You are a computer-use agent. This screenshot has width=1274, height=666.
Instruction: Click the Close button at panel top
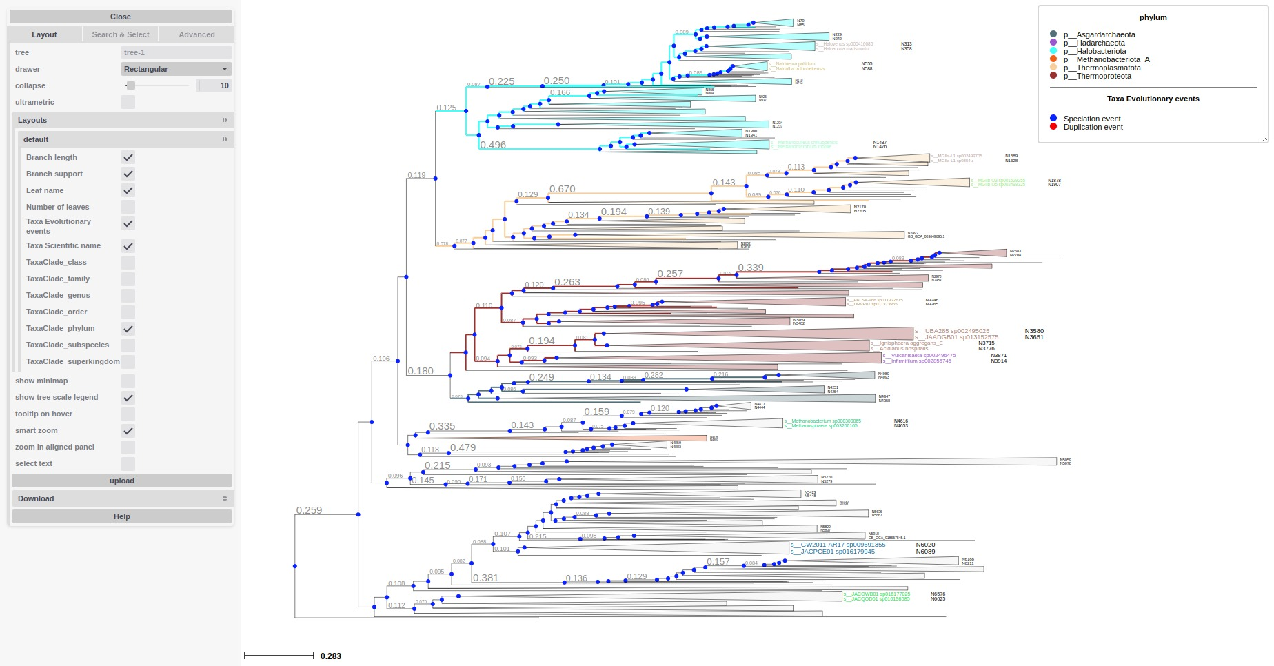coord(121,17)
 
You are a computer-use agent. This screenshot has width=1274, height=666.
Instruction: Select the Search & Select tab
coord(121,34)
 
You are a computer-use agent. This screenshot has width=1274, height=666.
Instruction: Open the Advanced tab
coord(196,34)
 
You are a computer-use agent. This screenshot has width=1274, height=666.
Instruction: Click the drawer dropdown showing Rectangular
coord(176,69)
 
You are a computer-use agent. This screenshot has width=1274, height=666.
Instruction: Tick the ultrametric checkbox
coord(128,102)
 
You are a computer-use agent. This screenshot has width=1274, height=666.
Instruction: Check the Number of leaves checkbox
coord(128,207)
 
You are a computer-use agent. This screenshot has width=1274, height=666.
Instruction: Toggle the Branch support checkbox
coord(128,174)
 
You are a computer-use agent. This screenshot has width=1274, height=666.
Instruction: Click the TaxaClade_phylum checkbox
coord(128,329)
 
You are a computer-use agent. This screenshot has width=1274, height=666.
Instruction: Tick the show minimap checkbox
coord(128,381)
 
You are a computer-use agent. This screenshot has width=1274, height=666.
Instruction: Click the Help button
coord(122,516)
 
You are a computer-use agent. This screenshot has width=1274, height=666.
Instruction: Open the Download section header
coord(122,498)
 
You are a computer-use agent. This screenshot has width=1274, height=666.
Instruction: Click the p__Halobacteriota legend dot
coord(1053,51)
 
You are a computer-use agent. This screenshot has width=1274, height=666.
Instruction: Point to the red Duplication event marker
coord(1053,127)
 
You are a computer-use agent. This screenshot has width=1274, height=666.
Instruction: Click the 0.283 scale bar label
coord(331,656)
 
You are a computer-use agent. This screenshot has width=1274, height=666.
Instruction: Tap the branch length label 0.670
coord(562,189)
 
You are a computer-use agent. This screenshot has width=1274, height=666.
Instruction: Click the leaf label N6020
coord(925,545)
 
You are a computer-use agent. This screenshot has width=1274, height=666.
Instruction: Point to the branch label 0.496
coord(493,145)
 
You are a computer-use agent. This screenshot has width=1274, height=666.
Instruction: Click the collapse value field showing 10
coord(214,85)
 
